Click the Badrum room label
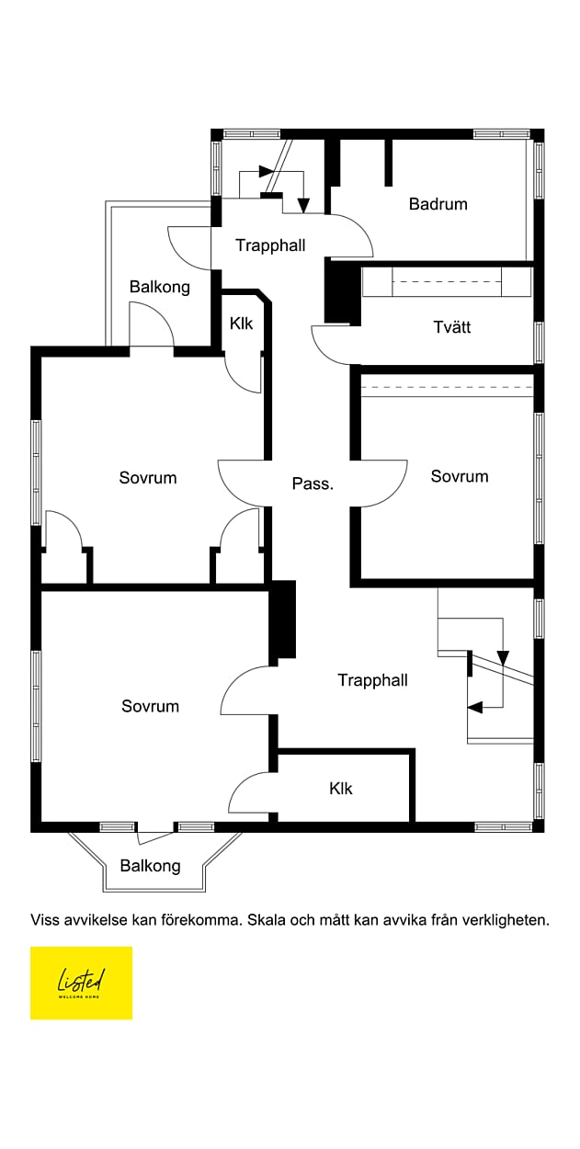click(x=438, y=204)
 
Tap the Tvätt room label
click(x=452, y=327)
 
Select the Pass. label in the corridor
click(x=312, y=483)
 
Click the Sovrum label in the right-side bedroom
click(x=460, y=476)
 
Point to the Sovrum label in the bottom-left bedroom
click(x=150, y=706)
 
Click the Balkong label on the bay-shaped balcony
click(x=150, y=866)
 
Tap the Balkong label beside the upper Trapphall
click(x=159, y=287)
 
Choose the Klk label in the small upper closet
click(x=241, y=324)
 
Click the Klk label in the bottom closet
click(x=340, y=789)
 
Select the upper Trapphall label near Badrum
click(x=270, y=245)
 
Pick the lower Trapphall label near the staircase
click(x=372, y=680)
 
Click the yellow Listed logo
click(x=81, y=983)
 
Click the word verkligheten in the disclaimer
click(x=507, y=919)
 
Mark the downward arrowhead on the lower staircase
click(x=503, y=658)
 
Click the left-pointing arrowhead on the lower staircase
click(x=474, y=707)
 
